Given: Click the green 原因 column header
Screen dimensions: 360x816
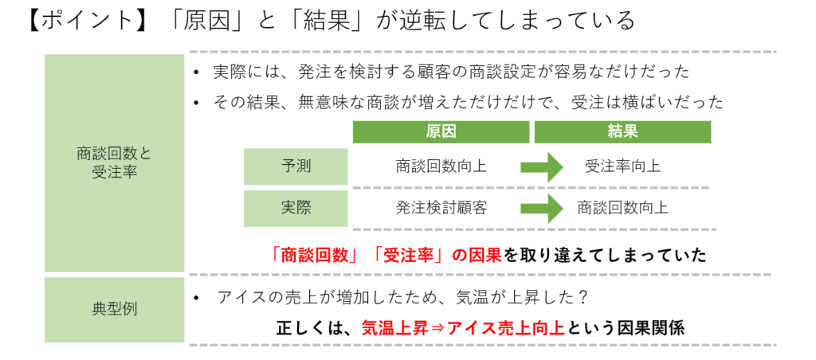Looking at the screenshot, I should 441,131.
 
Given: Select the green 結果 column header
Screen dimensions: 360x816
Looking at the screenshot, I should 622,131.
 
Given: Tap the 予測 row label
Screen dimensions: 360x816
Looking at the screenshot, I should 296,166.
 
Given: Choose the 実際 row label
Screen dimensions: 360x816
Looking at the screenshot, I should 296,208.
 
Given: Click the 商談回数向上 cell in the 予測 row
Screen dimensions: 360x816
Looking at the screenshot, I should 441,166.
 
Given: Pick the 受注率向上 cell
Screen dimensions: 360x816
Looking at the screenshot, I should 622,166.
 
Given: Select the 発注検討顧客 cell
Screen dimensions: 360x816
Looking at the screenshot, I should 441,208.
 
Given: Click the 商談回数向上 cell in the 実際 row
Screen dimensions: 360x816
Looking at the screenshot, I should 622,208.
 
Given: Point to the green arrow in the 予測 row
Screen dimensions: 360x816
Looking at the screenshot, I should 542,166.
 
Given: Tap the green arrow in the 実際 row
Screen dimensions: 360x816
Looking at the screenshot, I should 542,208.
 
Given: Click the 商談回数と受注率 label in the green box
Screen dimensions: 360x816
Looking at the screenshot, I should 114,163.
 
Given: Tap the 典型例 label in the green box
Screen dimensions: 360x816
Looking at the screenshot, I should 114,309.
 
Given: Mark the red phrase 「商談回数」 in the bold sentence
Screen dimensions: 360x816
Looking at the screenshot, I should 314,255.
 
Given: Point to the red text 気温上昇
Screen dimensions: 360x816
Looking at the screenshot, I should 390,327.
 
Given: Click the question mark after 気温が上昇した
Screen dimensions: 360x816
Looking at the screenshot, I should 583,298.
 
